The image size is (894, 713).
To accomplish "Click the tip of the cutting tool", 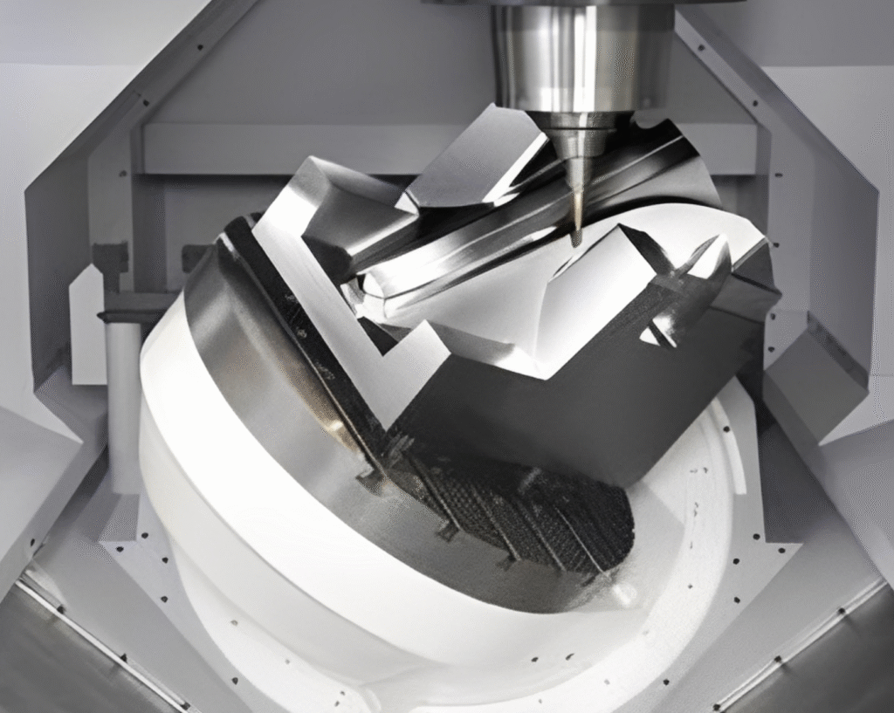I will click(x=576, y=241).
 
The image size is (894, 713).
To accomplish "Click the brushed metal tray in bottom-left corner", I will click(x=70, y=655).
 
